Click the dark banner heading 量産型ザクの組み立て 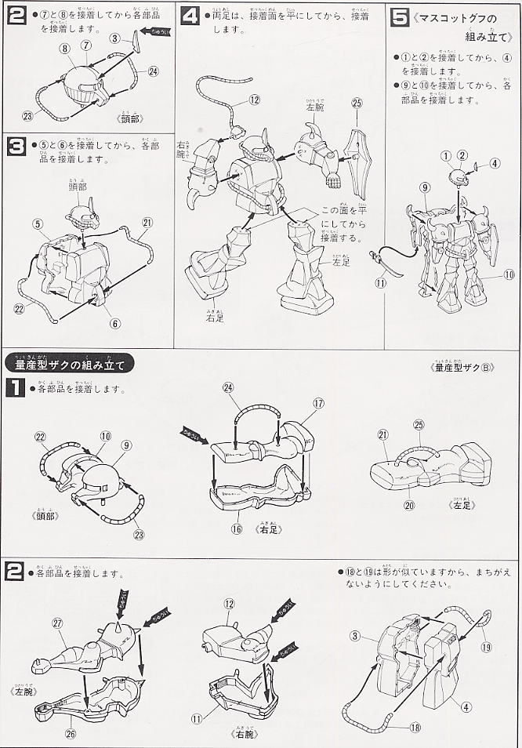[70, 363]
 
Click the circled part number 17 [318, 403]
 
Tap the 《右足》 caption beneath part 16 [270, 528]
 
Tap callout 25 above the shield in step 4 [357, 102]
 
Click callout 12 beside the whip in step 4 [254, 100]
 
